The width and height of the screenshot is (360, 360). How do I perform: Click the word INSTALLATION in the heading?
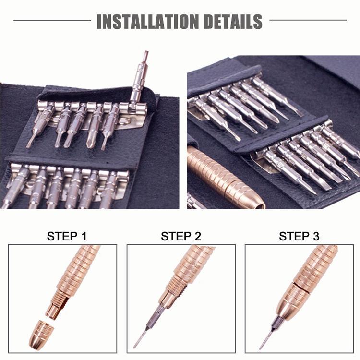coord(148,21)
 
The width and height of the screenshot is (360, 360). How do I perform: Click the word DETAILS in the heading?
coord(233,21)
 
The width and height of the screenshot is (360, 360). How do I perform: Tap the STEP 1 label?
coord(67,236)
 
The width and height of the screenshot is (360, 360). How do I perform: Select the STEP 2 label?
coord(181,236)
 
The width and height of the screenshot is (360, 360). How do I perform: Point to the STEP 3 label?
coord(299,236)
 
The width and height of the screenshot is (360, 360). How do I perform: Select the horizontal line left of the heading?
coord(52,21)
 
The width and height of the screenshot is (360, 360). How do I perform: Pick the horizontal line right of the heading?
coord(308,20)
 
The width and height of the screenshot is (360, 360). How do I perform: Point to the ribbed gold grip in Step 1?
coord(79,269)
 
